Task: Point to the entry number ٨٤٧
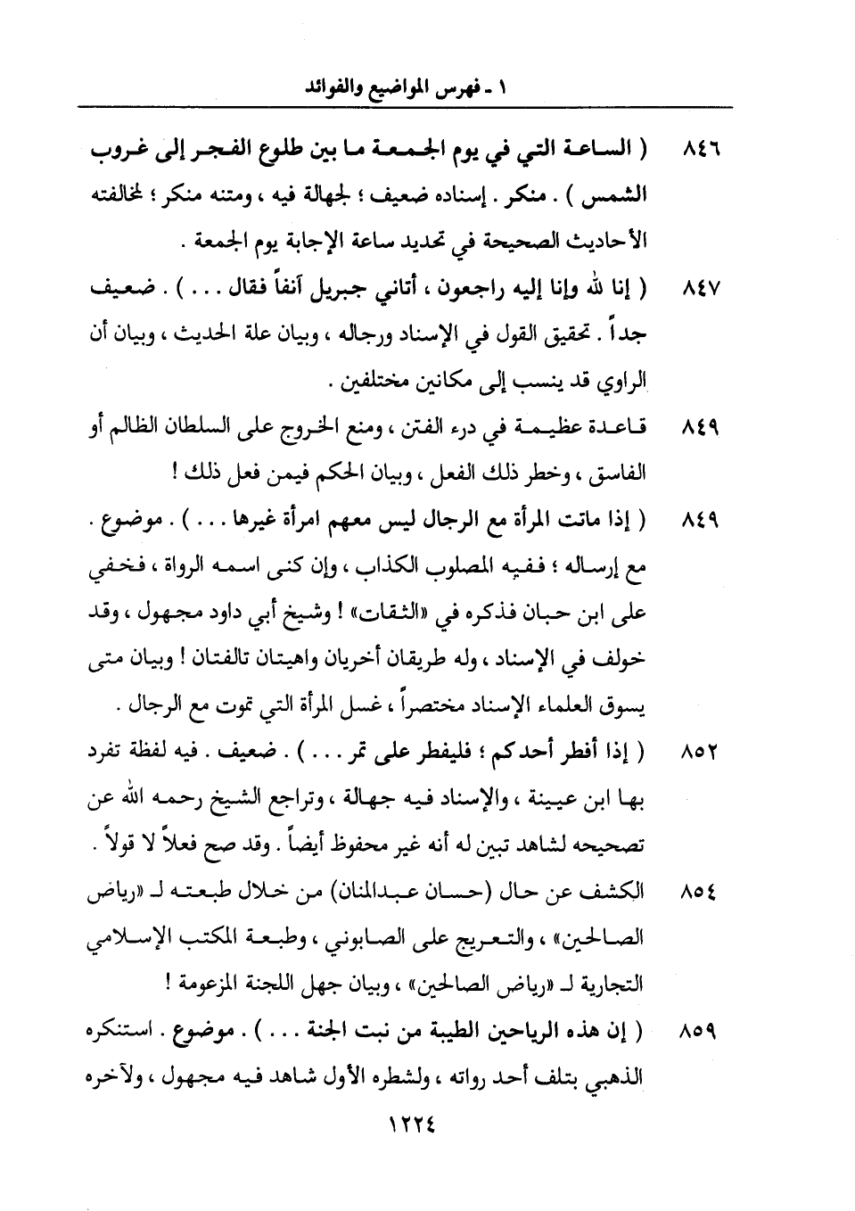point(701,290)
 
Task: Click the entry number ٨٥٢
point(701,751)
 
